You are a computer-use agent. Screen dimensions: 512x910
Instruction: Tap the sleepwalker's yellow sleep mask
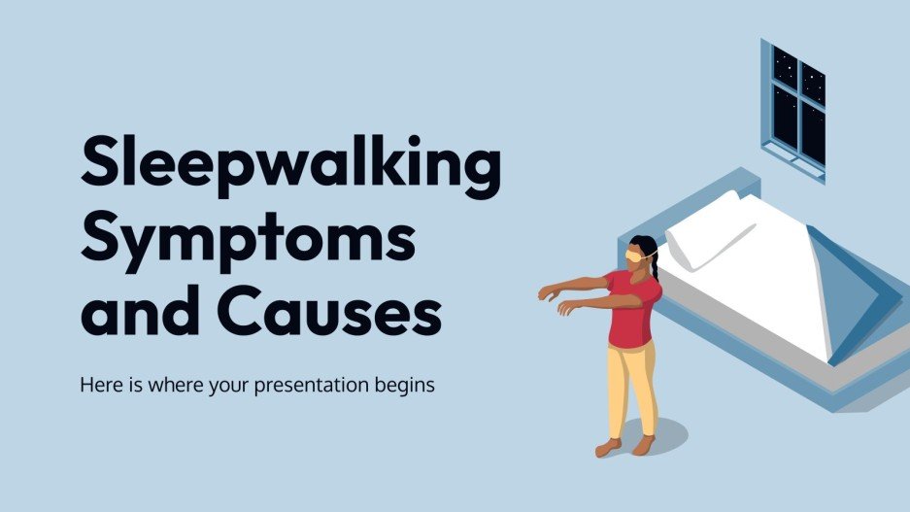pyautogui.click(x=636, y=255)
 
